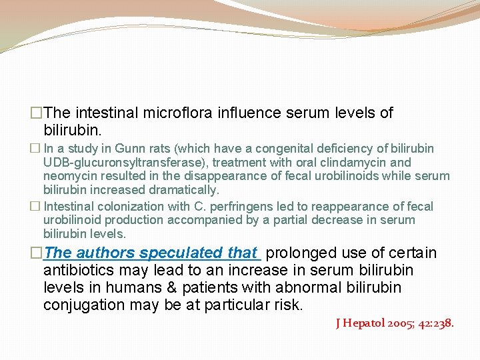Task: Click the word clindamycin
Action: (x=349, y=163)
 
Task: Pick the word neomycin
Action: (x=71, y=177)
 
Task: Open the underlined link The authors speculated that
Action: (x=151, y=253)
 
